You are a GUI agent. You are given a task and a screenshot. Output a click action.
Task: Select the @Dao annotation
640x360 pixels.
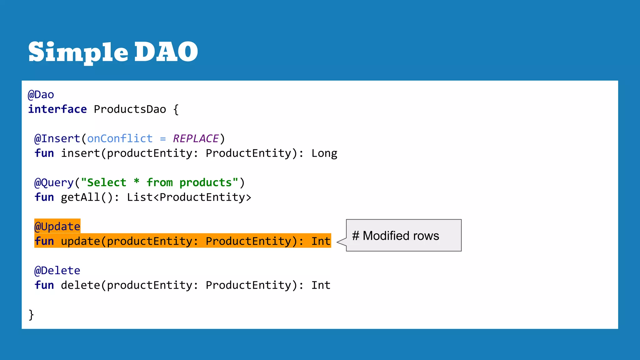click(x=41, y=95)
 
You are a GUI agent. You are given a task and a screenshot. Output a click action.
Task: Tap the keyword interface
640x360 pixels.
click(x=57, y=109)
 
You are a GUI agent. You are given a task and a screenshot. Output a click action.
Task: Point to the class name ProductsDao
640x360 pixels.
click(x=130, y=109)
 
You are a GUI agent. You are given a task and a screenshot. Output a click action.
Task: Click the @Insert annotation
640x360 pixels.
click(x=57, y=138)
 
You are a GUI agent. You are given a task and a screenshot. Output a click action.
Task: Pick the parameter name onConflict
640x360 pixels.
click(x=120, y=138)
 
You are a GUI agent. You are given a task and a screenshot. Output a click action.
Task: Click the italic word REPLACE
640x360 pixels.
click(x=196, y=138)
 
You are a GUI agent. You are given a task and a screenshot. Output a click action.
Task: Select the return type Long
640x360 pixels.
click(x=324, y=153)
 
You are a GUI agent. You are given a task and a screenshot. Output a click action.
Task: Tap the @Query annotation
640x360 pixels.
click(x=54, y=182)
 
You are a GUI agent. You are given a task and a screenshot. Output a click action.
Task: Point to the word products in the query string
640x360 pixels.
click(x=206, y=183)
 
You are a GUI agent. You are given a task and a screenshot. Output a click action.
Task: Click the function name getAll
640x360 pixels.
click(x=80, y=197)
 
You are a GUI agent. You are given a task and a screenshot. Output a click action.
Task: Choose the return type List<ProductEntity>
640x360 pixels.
click(x=189, y=197)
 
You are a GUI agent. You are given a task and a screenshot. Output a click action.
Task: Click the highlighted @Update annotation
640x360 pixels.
click(x=57, y=226)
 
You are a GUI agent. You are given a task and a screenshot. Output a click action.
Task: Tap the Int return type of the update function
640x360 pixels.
click(x=321, y=241)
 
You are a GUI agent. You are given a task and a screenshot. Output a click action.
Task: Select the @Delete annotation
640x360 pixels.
click(x=57, y=270)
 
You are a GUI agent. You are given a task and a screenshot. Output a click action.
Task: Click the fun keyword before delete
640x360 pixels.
click(x=44, y=285)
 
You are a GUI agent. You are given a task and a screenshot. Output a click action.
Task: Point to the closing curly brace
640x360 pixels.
click(x=31, y=314)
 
